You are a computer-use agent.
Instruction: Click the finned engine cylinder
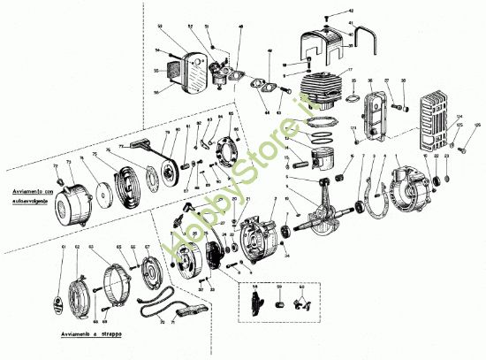323,89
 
